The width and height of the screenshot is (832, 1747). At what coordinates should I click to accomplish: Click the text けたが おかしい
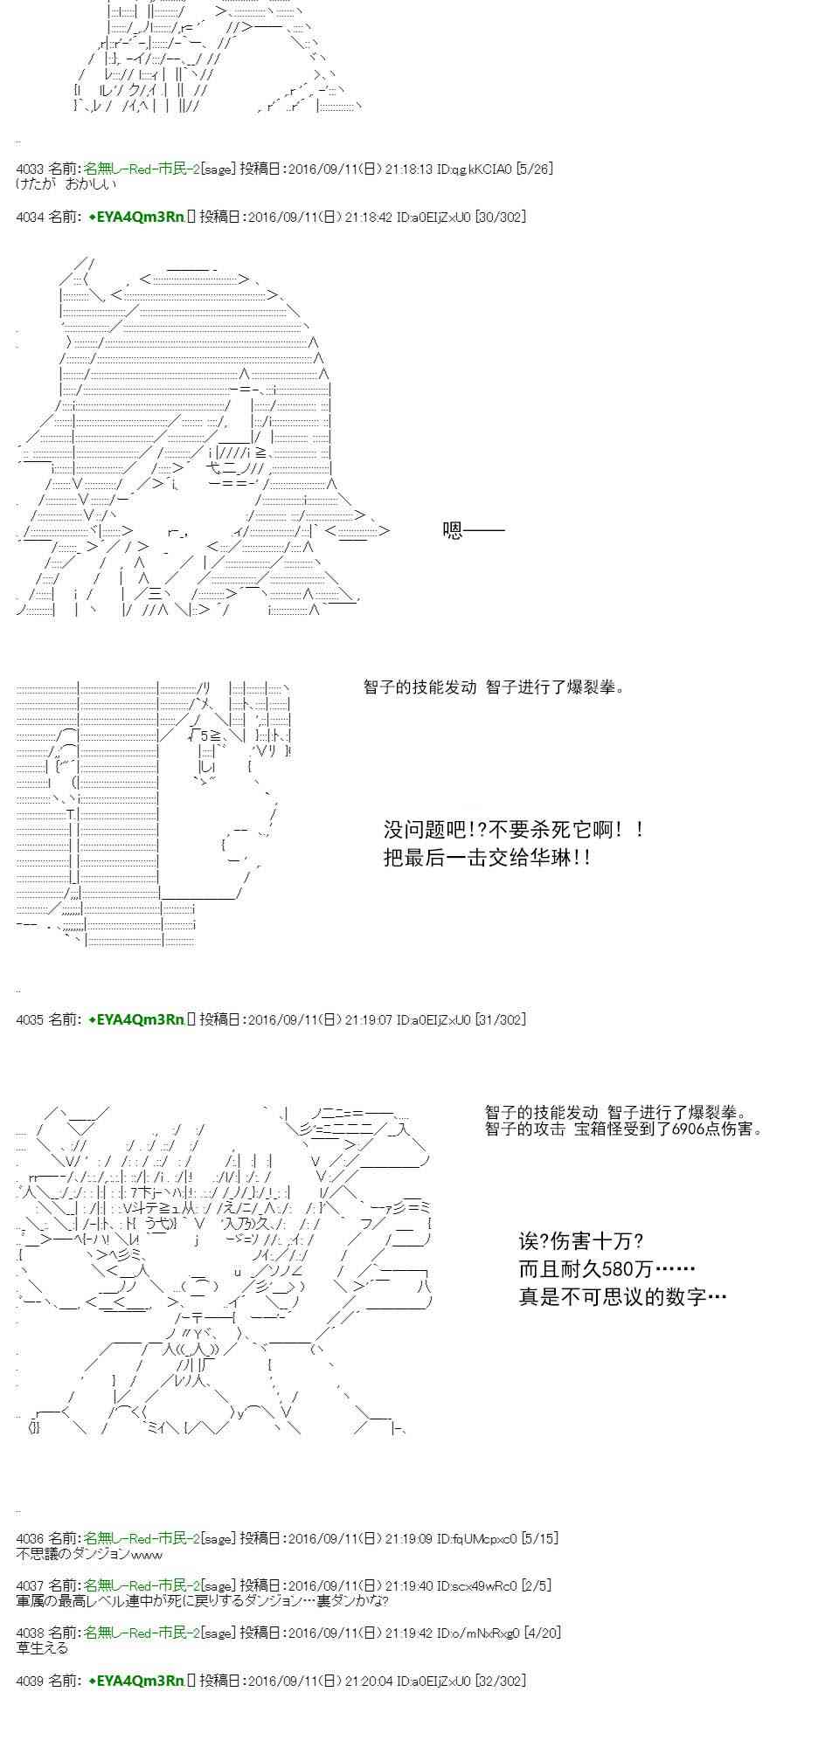tap(66, 184)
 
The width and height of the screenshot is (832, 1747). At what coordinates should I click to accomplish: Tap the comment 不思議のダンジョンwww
tap(89, 1553)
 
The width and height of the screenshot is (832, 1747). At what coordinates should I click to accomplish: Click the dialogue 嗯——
tap(474, 530)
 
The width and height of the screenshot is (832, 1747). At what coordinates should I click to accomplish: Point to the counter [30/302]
tap(500, 217)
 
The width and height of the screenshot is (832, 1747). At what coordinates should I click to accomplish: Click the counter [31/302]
tap(500, 1019)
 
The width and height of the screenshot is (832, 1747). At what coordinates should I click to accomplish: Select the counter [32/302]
tap(500, 1680)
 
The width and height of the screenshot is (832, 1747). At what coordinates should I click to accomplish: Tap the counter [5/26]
tap(534, 169)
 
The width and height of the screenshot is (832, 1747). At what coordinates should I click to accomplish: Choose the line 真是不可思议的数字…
tap(623, 1297)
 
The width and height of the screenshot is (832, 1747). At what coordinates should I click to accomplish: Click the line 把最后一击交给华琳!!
tap(488, 858)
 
